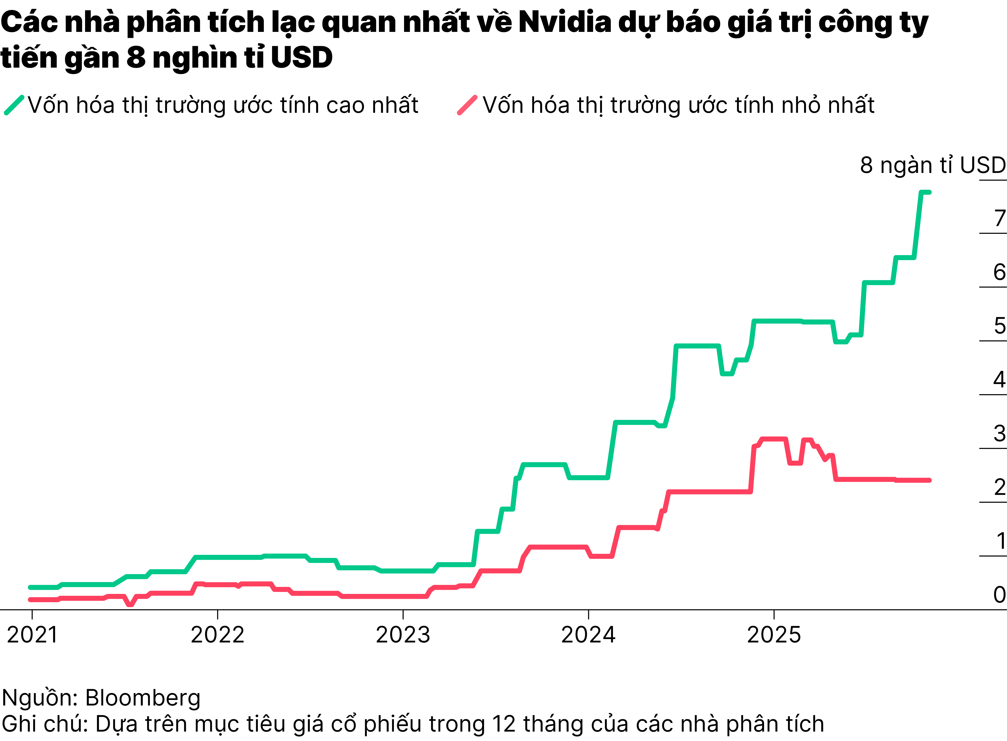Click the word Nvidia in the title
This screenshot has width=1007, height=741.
[x=565, y=22]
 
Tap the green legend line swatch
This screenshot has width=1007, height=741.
[x=14, y=105]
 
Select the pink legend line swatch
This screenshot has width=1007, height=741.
[x=467, y=105]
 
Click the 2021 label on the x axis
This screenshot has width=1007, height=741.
[x=32, y=635]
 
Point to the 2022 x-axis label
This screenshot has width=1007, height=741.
[x=218, y=635]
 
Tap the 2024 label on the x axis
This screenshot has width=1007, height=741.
[x=588, y=635]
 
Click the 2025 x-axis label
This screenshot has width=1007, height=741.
[x=774, y=635]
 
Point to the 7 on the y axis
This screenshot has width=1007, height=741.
[x=999, y=219]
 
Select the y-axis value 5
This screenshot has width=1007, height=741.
[x=999, y=326]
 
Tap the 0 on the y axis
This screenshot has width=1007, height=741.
[x=999, y=595]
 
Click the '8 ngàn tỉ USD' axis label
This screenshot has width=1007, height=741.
[x=933, y=165]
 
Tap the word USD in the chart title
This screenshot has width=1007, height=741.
[x=302, y=58]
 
